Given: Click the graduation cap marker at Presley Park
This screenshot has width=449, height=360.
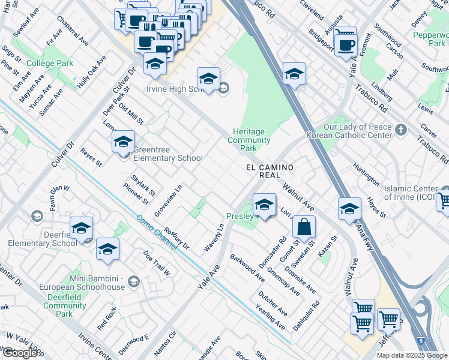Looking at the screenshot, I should tap(264, 206).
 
